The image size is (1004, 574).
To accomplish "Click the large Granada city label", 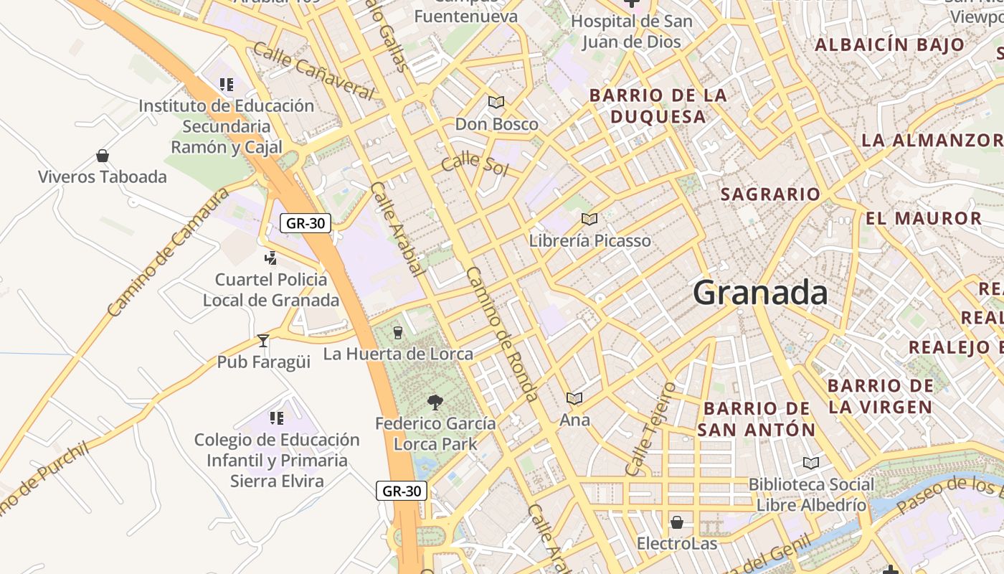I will [x=760, y=293].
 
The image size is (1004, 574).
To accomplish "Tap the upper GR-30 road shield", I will [x=306, y=223].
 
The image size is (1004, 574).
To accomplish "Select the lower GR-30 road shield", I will [x=402, y=491].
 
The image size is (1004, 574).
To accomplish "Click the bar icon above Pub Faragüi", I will [x=263, y=341].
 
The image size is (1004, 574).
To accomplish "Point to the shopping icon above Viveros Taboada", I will [x=103, y=156].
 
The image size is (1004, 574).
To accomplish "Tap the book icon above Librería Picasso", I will [x=589, y=219].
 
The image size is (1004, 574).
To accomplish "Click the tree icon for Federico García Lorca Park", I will [x=435, y=402].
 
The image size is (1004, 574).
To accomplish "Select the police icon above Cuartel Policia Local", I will [x=271, y=258].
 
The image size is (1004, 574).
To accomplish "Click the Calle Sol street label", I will [x=475, y=164].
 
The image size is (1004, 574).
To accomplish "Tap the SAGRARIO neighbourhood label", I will [x=770, y=194].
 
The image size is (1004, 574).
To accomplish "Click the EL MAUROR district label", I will [x=924, y=219].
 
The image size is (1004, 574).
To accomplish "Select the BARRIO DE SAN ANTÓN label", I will [x=757, y=419].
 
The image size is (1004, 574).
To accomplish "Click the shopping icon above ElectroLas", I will [x=676, y=522].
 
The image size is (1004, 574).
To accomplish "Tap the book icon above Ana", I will [x=574, y=398].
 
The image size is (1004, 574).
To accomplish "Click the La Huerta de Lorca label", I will [x=398, y=354].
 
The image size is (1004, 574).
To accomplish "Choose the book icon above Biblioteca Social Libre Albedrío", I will [x=811, y=463].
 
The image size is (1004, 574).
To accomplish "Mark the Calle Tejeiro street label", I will [x=650, y=429].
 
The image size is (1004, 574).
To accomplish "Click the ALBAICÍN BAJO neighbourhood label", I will [x=890, y=44].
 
